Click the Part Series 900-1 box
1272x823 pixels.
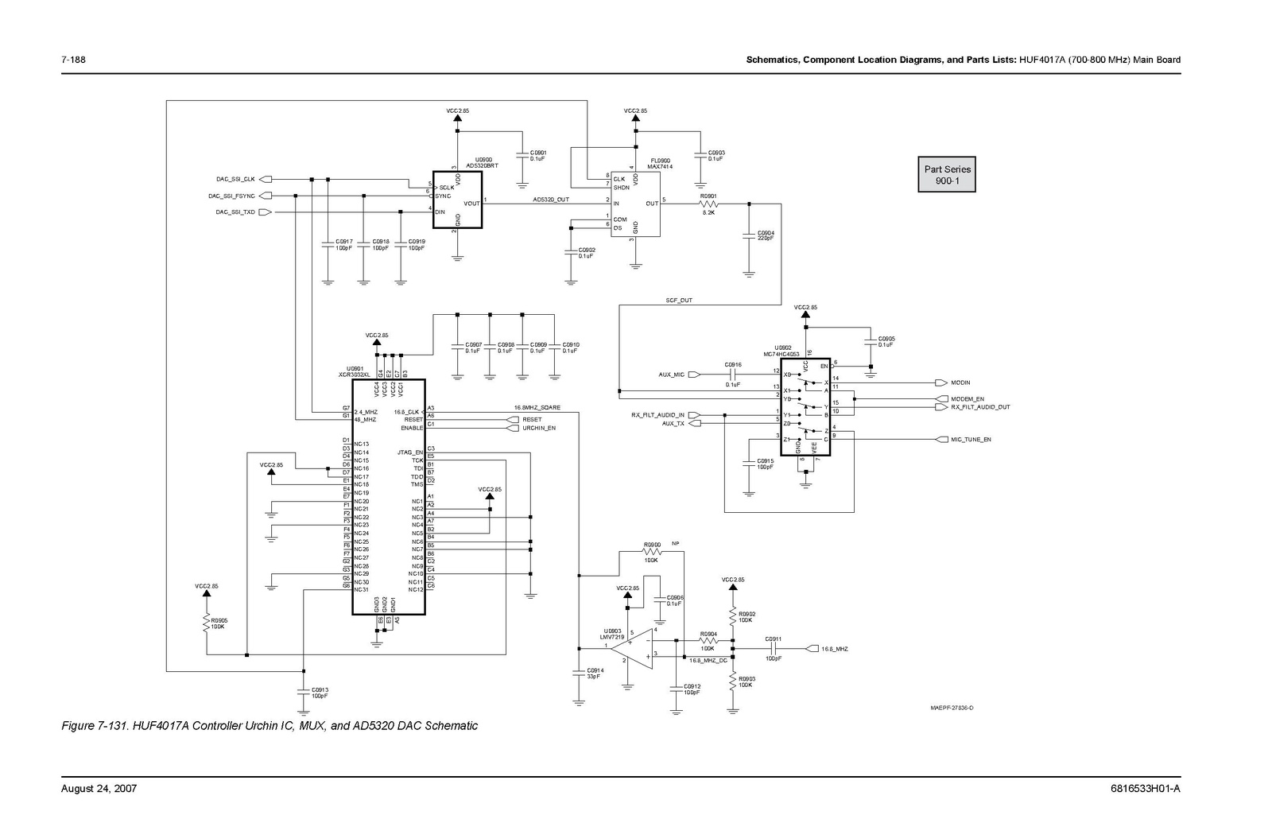point(947,175)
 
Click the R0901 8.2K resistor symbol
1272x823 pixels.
point(708,204)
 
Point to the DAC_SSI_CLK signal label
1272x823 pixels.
point(235,179)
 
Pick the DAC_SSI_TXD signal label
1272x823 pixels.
point(235,212)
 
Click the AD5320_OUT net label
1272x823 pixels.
point(551,200)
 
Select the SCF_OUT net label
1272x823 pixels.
point(679,301)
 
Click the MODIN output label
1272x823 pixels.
point(960,382)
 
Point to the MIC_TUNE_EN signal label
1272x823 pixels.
point(971,439)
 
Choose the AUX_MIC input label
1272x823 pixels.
point(671,375)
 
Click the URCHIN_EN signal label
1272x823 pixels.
point(538,428)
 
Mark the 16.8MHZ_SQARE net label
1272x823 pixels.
point(537,408)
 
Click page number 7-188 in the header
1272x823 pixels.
point(73,60)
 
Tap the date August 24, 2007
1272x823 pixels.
point(99,789)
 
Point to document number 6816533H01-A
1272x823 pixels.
point(1145,789)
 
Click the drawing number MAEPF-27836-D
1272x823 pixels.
point(952,708)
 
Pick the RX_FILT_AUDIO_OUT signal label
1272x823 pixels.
point(980,407)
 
